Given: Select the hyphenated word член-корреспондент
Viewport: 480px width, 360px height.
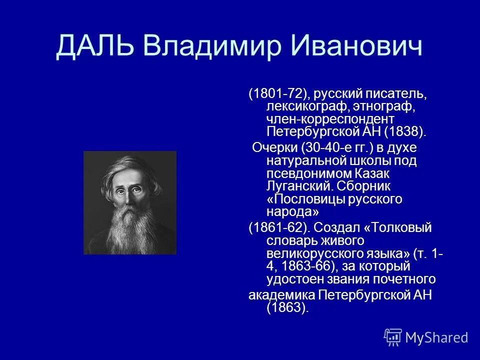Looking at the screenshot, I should (330, 119).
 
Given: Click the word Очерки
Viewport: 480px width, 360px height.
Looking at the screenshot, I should (274, 148).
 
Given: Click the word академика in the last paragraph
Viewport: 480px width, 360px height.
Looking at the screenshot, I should (281, 294).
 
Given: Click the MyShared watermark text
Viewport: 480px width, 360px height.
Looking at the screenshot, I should (436, 337).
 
